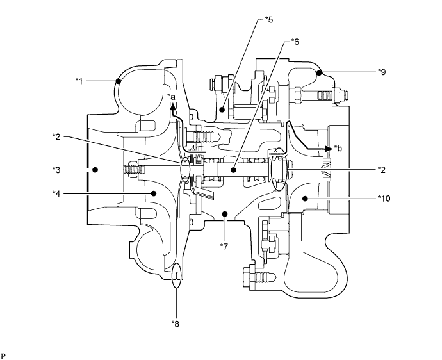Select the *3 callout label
58,170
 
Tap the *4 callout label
58,192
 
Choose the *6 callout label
295,42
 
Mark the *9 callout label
383,72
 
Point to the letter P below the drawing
4,353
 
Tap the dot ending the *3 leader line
95,170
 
